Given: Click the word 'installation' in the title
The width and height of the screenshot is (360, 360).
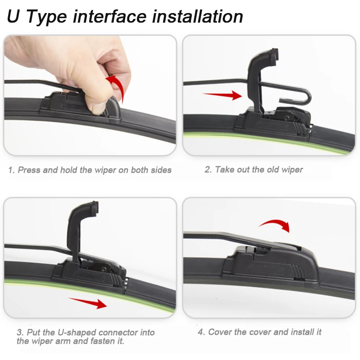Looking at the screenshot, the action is (198, 17).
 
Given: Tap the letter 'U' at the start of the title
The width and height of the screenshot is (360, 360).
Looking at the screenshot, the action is (13, 17).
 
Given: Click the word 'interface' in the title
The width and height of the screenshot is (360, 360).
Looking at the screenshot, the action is (109, 17).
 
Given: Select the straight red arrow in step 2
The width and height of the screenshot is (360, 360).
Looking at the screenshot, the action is (222, 95).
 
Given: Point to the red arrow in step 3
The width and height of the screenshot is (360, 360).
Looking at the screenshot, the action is (88, 303).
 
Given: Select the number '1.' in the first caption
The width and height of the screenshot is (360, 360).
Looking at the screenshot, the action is (12, 170).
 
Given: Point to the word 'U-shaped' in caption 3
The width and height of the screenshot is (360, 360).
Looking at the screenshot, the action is (77, 333).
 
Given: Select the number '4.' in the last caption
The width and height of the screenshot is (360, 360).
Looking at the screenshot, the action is (201, 332).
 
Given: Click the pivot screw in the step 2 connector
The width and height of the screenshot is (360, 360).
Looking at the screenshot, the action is (286, 118).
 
